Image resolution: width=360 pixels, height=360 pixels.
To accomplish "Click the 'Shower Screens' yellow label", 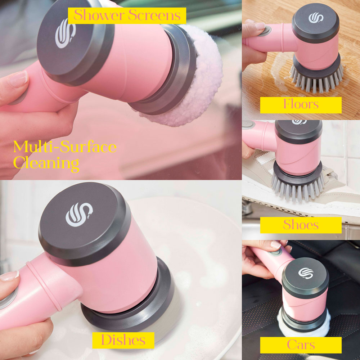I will [127, 15].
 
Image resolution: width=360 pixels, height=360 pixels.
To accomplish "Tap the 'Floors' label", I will [301, 105].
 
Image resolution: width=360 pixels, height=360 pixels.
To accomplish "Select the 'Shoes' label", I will [301, 225].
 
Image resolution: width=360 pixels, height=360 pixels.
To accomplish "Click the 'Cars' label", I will [301, 345].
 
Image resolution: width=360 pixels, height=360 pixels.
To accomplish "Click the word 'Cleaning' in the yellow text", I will [46, 163].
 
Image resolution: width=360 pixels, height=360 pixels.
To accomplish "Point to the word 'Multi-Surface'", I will [65, 147].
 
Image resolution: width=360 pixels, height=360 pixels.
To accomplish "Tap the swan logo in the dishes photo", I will [79, 214].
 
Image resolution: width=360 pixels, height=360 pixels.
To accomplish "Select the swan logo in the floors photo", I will [316, 17].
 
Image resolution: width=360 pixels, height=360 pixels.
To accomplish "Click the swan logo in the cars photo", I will [305, 273].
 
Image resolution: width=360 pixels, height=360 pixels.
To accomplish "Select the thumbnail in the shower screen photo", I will [18, 78].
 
